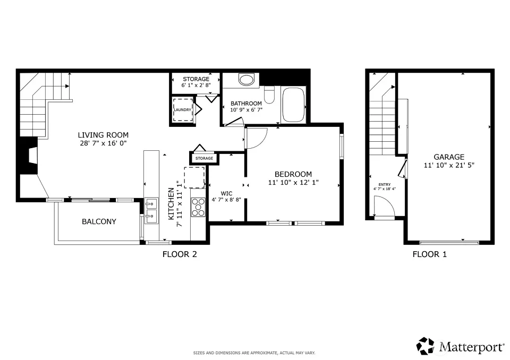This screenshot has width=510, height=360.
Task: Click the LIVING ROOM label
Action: (x=103, y=135)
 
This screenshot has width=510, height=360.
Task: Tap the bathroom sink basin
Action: (x=246, y=79)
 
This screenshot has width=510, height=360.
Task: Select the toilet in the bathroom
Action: (x=269, y=95)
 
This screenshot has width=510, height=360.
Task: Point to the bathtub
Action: (x=293, y=105)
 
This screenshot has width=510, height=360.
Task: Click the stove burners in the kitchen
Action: (x=198, y=207)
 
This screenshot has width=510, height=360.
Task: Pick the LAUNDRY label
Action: (x=182, y=110)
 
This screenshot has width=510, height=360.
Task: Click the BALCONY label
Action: (x=99, y=221)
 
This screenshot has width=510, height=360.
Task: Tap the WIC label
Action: (x=226, y=193)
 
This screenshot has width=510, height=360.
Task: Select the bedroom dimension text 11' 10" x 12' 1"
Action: (x=293, y=183)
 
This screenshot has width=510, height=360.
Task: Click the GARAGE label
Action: (x=449, y=157)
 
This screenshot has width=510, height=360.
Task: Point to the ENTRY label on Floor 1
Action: (x=385, y=184)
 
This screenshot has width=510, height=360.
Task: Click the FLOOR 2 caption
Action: (x=180, y=254)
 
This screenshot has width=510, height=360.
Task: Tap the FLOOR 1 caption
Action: (x=430, y=254)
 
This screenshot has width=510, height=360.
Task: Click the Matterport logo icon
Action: (x=426, y=346)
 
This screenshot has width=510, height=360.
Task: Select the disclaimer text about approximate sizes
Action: (x=254, y=353)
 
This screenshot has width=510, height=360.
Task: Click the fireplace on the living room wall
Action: (x=29, y=156)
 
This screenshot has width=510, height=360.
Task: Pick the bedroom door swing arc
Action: (x=261, y=142)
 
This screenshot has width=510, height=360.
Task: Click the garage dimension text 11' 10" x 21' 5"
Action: (x=449, y=165)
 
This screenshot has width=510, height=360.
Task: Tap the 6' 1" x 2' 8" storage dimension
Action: (x=196, y=85)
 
